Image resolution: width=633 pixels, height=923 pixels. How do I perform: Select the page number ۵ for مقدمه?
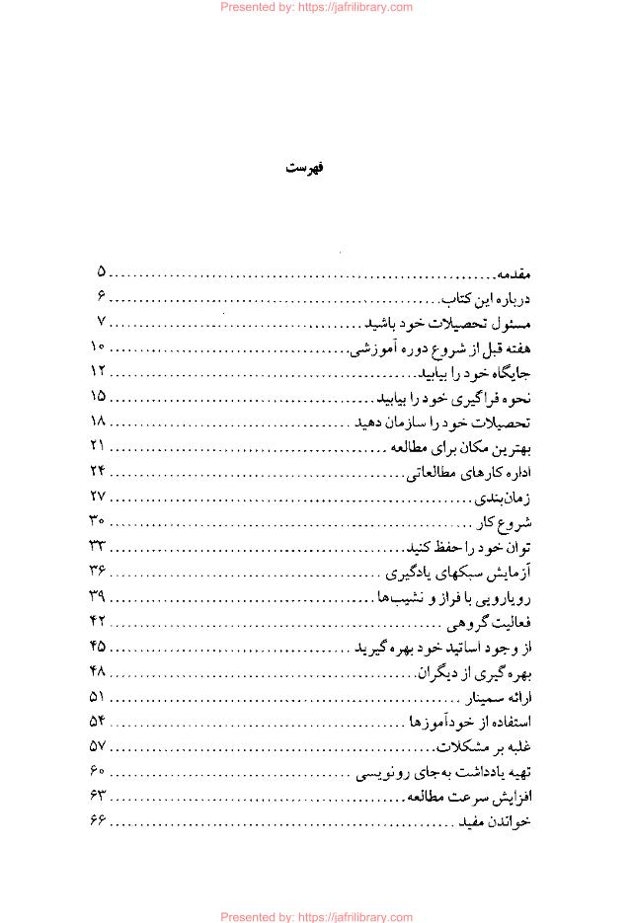(101, 271)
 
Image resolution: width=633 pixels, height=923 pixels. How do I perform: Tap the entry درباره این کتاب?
(488, 297)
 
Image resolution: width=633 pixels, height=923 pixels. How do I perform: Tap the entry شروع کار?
(505, 522)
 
